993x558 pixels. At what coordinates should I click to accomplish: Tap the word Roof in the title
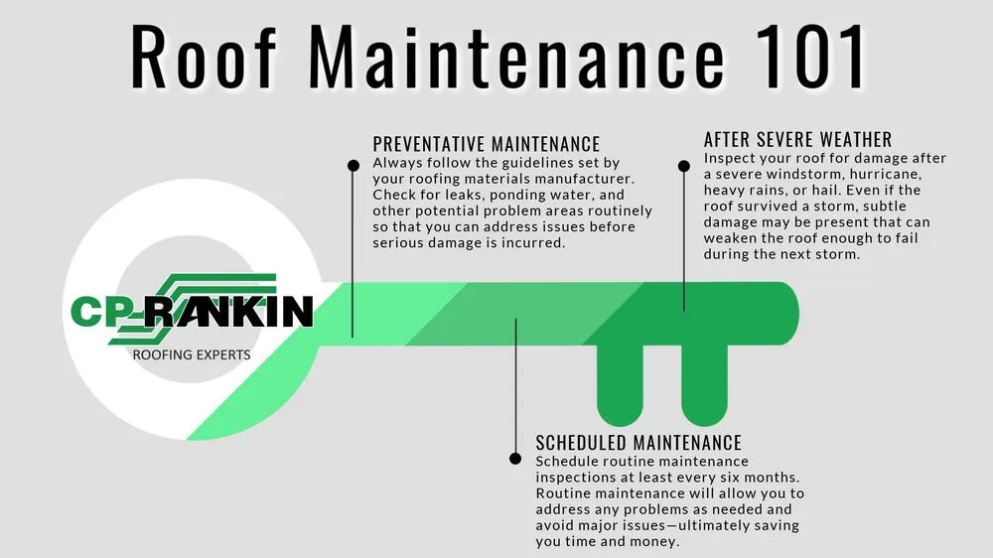coord(204,57)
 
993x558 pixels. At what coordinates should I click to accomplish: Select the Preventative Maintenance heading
coord(487,144)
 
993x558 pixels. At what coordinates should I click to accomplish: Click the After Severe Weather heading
coord(798,139)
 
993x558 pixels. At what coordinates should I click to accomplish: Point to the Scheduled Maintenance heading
coord(638,442)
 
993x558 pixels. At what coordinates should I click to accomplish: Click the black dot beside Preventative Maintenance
coord(354,165)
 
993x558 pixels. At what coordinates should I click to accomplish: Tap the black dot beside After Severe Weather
coord(684,166)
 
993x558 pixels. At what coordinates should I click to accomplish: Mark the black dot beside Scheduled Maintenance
coord(515,459)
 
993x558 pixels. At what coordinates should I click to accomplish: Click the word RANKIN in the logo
coord(228,311)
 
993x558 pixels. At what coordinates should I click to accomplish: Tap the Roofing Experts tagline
coord(192,354)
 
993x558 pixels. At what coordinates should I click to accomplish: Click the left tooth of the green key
coord(620,385)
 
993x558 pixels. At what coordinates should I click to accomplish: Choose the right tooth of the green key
coord(704,385)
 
